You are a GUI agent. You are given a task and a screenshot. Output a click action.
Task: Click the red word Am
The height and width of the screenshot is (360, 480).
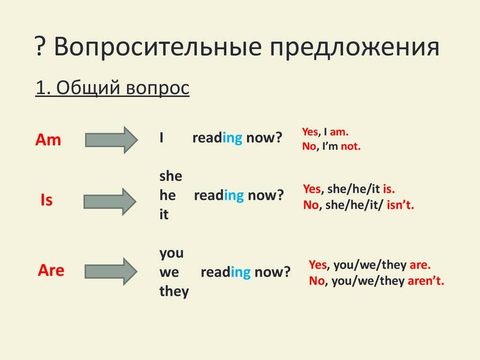(48, 140)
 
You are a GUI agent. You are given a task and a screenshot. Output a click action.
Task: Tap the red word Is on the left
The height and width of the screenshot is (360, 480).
(46, 200)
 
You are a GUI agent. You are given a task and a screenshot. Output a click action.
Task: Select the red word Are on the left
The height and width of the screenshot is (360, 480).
(51, 270)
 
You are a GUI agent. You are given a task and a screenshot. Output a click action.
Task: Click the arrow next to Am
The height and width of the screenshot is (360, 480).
(112, 140)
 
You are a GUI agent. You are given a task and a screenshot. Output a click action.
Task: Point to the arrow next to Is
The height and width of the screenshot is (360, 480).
(110, 202)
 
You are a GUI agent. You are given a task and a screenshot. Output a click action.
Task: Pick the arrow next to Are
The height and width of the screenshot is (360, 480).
(111, 271)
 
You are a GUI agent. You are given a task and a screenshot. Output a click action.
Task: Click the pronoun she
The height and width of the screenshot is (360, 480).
(171, 176)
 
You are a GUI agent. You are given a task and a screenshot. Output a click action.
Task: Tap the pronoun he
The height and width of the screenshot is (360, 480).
(167, 195)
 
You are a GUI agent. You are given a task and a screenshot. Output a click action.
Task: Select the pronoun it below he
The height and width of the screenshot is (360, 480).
(164, 214)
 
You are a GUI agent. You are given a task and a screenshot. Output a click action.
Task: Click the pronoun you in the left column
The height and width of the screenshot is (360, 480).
(172, 254)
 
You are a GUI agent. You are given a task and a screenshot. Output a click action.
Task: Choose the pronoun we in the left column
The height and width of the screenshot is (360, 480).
(169, 272)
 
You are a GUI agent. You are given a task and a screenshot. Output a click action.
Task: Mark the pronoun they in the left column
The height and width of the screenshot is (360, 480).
(174, 291)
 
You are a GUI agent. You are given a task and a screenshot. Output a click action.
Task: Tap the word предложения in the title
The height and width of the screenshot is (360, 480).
(354, 48)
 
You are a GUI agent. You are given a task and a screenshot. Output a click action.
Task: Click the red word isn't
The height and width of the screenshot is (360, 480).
(400, 205)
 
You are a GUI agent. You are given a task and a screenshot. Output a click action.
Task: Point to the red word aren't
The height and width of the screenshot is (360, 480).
(426, 280)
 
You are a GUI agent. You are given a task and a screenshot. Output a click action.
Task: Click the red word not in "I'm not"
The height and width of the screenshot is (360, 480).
(351, 146)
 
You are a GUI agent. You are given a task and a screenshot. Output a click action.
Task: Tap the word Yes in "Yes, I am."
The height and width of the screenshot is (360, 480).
(310, 132)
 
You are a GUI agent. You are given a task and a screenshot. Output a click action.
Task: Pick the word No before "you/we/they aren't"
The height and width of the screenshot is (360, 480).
(316, 280)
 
